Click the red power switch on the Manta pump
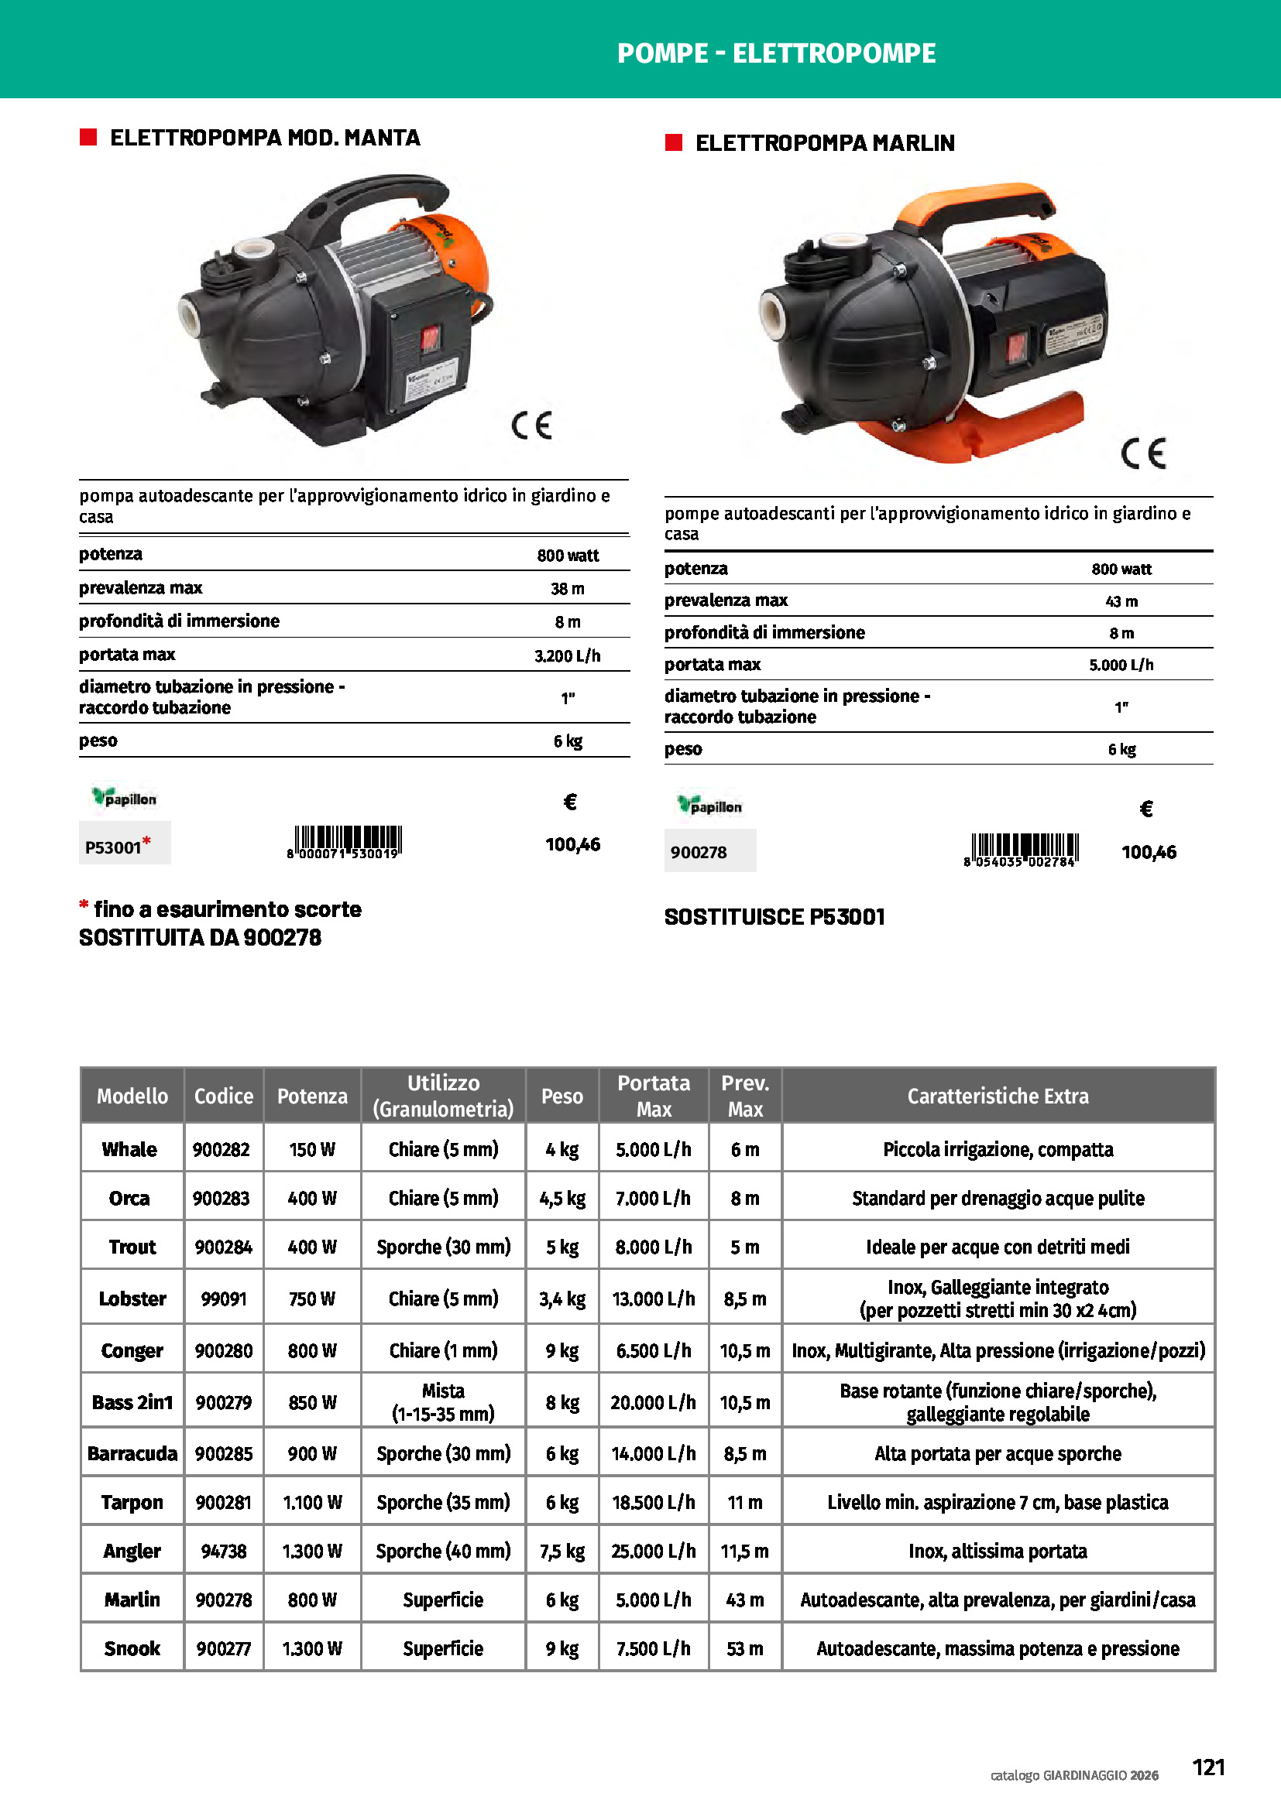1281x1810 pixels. point(429,339)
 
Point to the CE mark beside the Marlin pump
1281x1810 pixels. point(1143,453)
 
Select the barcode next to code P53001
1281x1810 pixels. point(345,842)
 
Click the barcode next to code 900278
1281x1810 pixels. point(1021,850)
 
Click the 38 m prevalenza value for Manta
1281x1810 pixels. point(567,588)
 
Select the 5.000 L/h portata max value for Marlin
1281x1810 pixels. point(1121,665)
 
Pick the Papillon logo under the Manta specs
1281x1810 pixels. point(125,798)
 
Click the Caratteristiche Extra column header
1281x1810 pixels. point(998,1096)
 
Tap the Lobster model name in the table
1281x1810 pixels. point(132,1298)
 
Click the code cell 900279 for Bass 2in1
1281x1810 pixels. point(224,1402)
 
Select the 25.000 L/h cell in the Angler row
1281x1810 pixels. point(653,1551)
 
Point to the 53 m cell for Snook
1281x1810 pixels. point(744,1648)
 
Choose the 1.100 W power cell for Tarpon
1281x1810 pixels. point(312,1502)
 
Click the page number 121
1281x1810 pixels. point(1207,1767)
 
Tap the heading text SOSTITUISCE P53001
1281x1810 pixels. point(774,917)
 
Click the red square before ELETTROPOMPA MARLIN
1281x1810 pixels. point(673,142)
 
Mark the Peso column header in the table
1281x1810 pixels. point(562,1096)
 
